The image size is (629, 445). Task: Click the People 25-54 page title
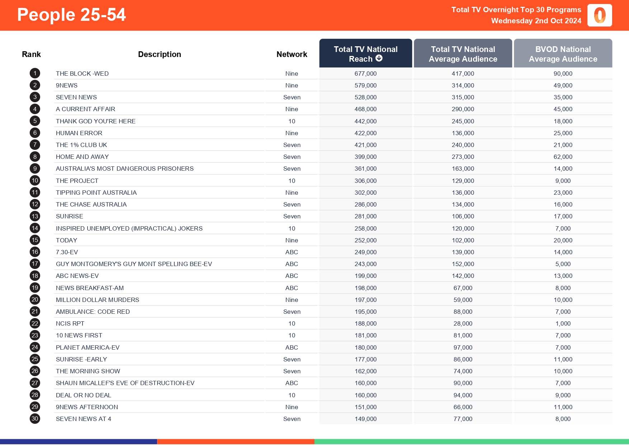point(71,15)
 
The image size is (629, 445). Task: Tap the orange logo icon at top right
point(600,15)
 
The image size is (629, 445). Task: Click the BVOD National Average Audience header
point(563,54)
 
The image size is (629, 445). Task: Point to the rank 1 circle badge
point(35,74)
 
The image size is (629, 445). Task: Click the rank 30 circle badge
point(35,419)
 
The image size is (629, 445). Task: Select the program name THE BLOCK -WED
point(82,74)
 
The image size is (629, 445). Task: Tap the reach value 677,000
point(365,74)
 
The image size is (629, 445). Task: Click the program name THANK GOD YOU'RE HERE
point(95,121)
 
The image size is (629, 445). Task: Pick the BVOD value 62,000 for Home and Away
point(563,157)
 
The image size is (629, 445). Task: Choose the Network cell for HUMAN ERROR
point(292,133)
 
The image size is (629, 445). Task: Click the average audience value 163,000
point(463,169)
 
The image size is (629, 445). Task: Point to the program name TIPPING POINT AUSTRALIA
point(96,193)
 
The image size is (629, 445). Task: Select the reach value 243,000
point(365,264)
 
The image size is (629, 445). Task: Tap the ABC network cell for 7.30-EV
point(292,252)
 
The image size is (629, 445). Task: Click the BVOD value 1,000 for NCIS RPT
point(563,323)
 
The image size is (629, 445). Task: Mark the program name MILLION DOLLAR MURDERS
point(97,300)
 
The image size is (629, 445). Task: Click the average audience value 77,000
point(463,419)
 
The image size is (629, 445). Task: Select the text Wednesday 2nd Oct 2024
point(536,21)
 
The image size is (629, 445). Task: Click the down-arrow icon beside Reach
point(379,58)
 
